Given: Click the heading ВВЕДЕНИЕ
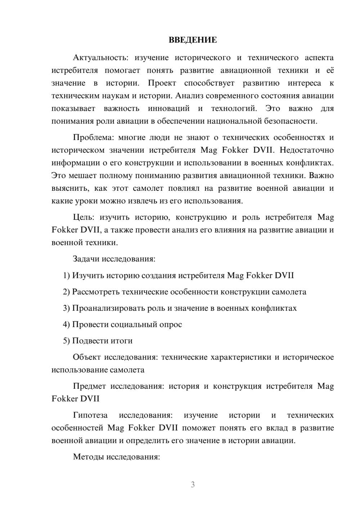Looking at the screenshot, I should [193, 40].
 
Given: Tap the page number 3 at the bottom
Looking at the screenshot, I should [193, 485].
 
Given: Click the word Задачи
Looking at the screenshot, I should [86, 259].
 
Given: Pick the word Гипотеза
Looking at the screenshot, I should [90, 415].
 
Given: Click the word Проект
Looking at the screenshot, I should [162, 83].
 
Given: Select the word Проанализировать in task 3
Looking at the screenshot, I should [109, 308].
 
